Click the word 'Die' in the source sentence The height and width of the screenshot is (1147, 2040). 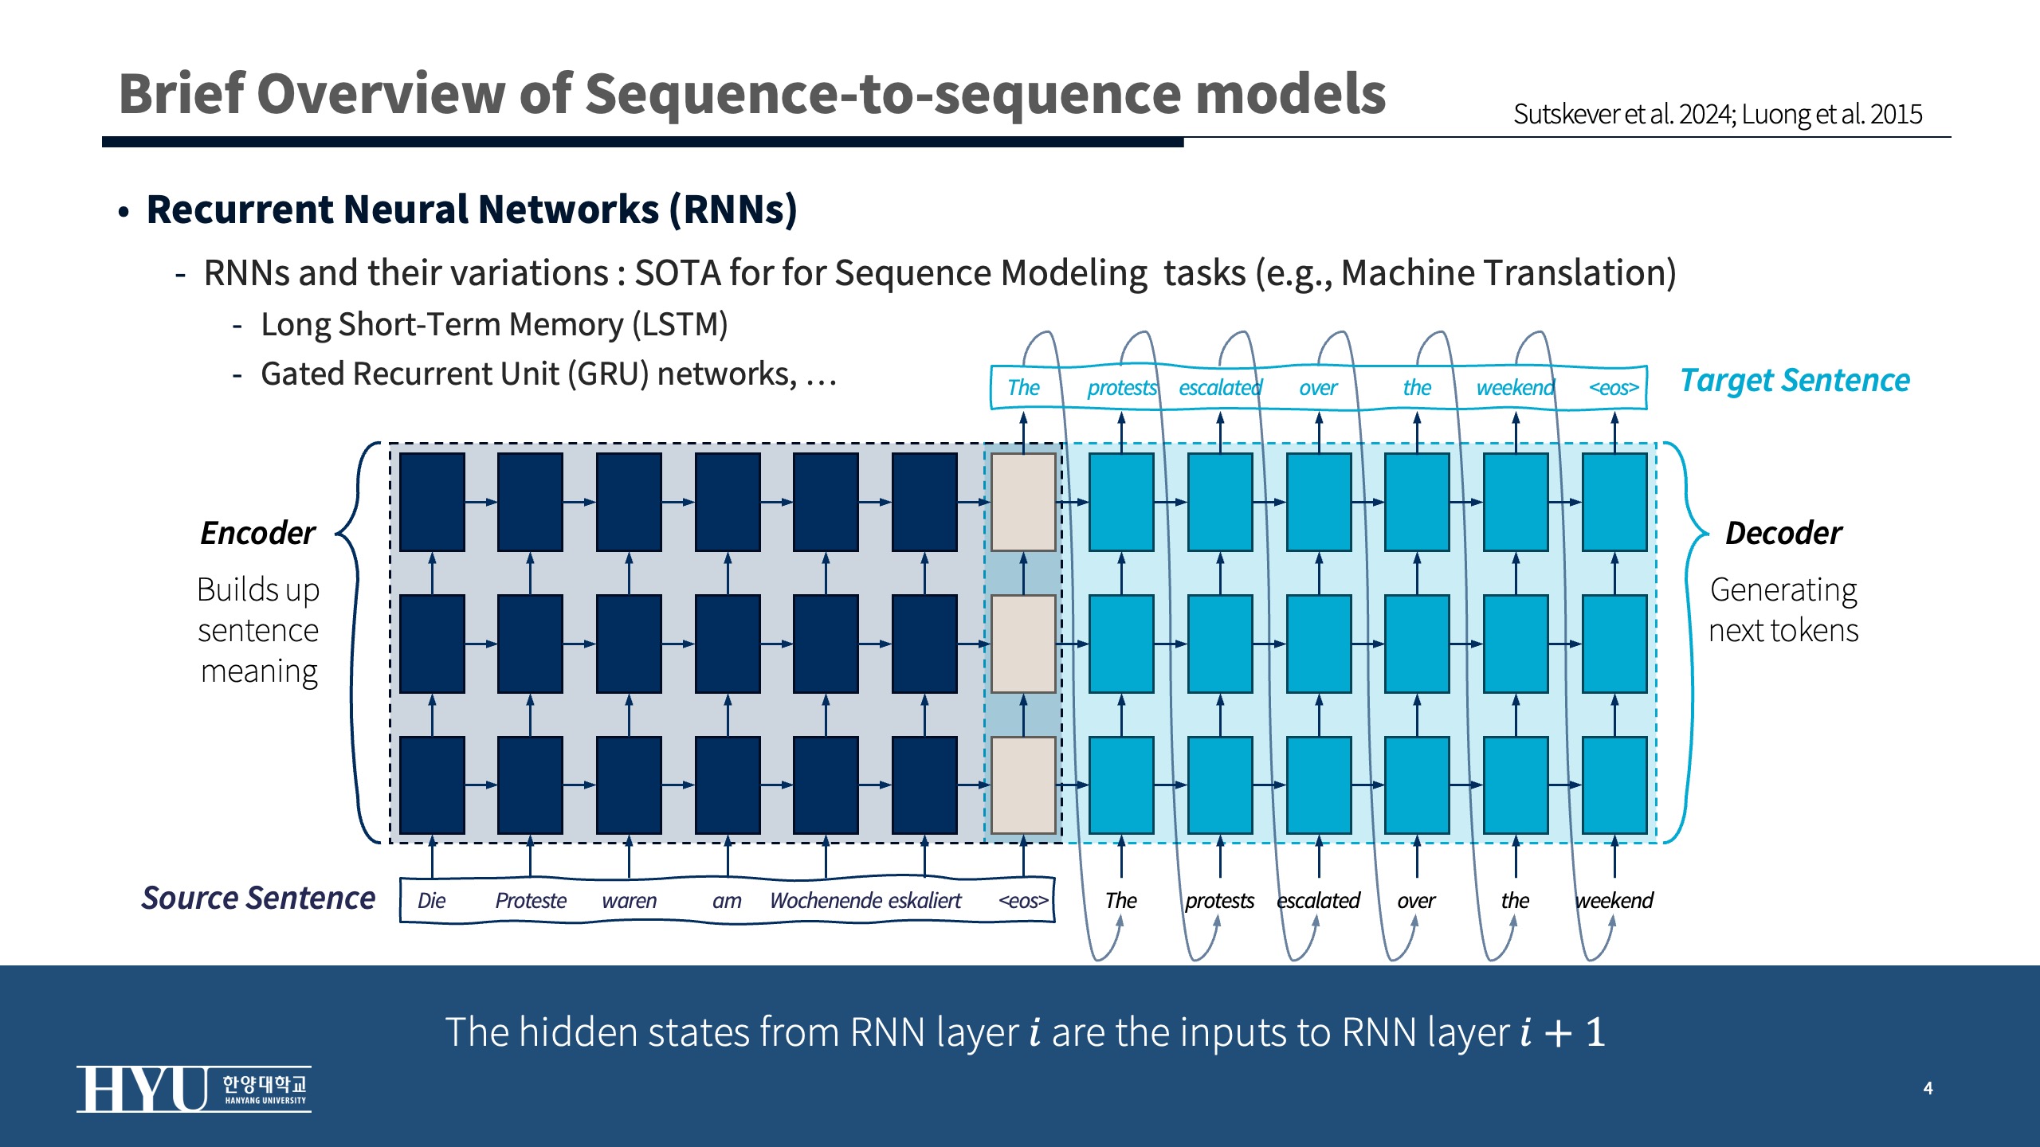(x=431, y=901)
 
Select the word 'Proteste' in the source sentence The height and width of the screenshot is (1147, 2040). (x=531, y=901)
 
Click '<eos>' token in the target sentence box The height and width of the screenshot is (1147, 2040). (x=1614, y=388)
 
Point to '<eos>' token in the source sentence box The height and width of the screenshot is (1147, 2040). (x=1023, y=901)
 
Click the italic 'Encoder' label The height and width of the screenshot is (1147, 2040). (x=257, y=533)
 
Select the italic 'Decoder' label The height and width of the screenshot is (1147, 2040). (x=1783, y=533)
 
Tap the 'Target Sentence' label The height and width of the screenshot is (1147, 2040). (x=1795, y=381)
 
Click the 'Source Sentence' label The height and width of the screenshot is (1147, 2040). (x=258, y=898)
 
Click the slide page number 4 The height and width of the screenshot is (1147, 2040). (x=1928, y=1088)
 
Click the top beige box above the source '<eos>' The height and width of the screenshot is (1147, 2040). (x=1023, y=502)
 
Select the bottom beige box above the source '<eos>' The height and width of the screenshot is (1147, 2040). (x=1023, y=785)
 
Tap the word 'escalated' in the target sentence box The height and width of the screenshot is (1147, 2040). (x=1220, y=388)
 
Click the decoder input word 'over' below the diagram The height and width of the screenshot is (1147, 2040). (x=1416, y=901)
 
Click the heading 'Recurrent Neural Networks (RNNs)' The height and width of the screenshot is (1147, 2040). (x=472, y=210)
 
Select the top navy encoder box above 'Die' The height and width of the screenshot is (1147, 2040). (x=432, y=502)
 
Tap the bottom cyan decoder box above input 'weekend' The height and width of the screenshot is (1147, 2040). (x=1614, y=785)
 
